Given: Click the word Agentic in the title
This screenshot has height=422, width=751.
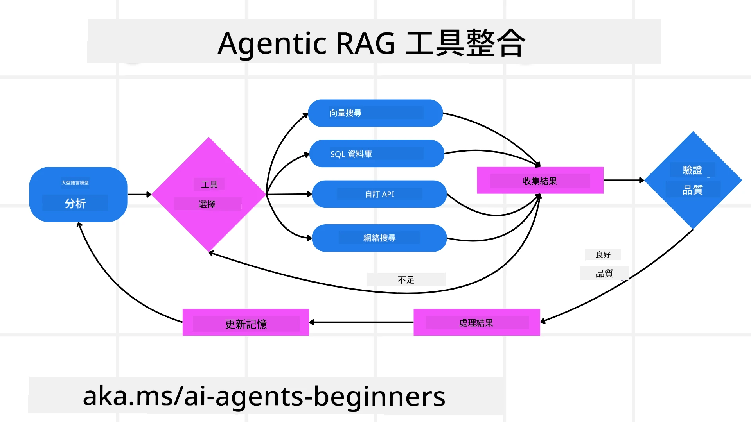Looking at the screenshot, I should coord(272,43).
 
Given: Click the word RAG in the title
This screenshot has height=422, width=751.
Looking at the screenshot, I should coord(365,43).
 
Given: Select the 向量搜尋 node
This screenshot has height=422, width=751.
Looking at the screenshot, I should coord(375,113).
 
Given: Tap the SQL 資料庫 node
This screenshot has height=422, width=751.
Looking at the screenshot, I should coord(376,154).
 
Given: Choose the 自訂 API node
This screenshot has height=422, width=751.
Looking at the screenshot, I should coord(379,194).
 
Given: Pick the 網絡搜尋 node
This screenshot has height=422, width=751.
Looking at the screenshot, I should coord(379,238).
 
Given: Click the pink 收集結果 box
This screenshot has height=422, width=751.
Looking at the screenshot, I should coord(540,181).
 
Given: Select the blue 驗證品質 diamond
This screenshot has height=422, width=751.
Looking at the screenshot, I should coord(693,181).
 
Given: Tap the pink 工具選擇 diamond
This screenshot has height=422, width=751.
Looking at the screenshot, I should coord(208,194).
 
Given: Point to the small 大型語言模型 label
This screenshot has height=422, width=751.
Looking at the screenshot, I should coord(75,182).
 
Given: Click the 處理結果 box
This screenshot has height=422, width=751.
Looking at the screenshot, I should coord(476,323).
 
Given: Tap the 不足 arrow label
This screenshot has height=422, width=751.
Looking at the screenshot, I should coord(406,280).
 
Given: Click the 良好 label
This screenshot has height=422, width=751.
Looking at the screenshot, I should coord(603,255).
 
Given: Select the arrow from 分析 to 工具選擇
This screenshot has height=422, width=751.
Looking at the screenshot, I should coord(139,194).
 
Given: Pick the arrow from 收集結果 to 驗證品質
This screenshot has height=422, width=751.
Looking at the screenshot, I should coord(623,180).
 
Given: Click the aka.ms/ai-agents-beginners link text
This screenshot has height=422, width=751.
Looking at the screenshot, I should coord(264,396).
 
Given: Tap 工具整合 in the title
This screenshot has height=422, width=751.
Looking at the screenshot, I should coord(465,43).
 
